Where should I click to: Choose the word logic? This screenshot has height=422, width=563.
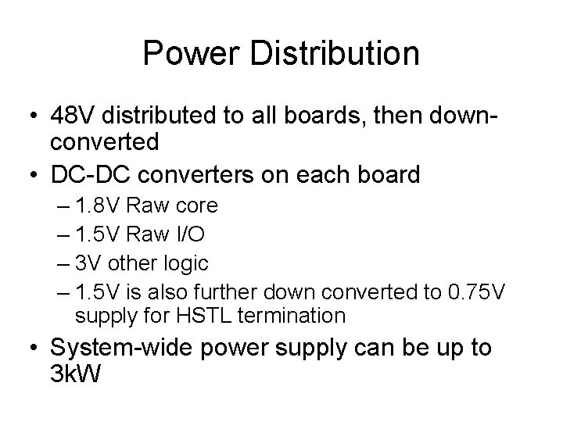(x=184, y=262)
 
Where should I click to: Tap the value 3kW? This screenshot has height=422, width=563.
(x=75, y=374)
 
